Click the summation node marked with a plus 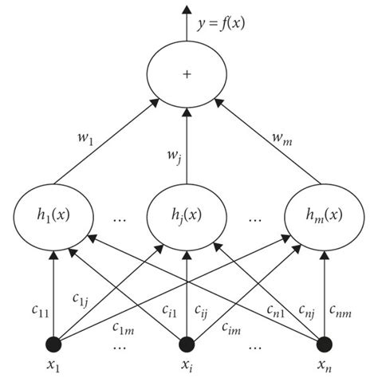(187, 73)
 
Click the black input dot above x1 (53, 344)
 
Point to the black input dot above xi (187, 344)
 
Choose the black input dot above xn (325, 344)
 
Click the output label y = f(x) (222, 24)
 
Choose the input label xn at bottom (325, 367)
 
